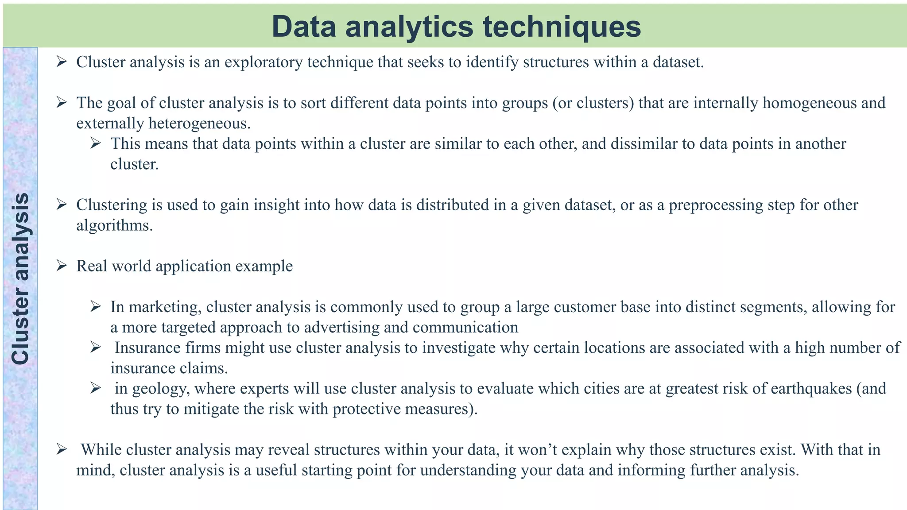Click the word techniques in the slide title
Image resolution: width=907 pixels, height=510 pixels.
[562, 27]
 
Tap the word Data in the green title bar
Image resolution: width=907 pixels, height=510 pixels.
[304, 27]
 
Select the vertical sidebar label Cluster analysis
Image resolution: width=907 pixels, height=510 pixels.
[20, 279]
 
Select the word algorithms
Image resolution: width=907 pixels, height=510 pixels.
[114, 225]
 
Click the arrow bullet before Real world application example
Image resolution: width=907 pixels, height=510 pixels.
[62, 266]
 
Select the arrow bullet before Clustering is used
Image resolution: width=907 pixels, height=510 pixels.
[62, 205]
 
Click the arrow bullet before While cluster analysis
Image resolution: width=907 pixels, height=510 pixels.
[62, 450]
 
